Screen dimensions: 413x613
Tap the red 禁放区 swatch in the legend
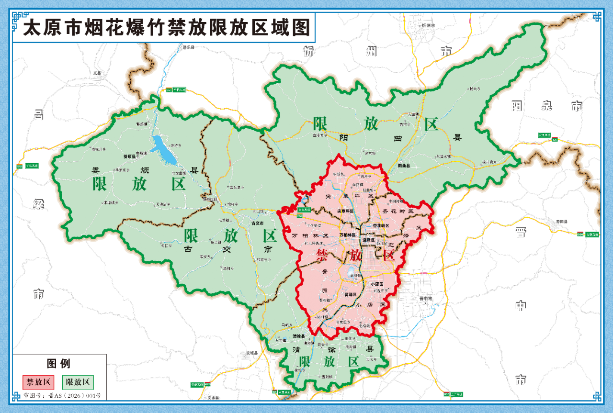coord(38,382)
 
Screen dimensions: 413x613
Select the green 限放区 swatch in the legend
coord(78,382)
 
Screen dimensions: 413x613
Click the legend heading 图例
coord(58,363)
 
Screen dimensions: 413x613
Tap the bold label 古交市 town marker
coord(258,223)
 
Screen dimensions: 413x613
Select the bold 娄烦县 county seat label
coord(130,156)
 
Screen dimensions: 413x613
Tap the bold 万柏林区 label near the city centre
coord(347,235)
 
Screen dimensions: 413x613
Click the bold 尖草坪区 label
coord(345,211)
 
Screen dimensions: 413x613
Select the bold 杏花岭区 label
coord(381,225)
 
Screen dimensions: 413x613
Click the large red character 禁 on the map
coord(322,255)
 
